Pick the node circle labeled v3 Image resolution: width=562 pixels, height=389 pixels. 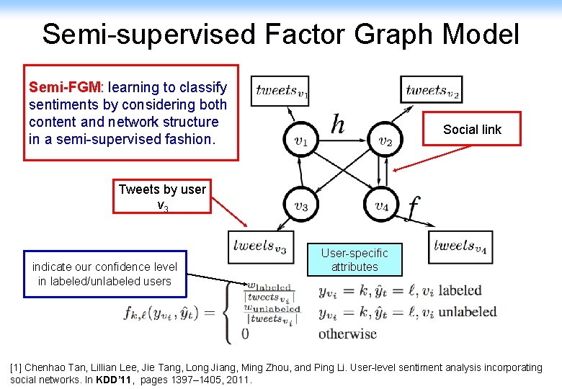coord(301,206)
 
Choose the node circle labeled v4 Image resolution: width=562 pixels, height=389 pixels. coord(382,206)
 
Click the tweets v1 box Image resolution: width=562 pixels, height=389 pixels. coord(282,91)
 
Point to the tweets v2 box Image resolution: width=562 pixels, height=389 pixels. coord(432,91)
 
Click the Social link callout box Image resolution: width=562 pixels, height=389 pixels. coord(471,129)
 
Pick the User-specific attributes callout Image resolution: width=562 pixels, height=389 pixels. coord(354,260)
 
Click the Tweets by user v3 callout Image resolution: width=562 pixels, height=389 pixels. coord(162,197)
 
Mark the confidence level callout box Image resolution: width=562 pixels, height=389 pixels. coord(104,274)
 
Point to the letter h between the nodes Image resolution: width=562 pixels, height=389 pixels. coord(337,126)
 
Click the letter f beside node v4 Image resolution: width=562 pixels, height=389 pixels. coord(412,207)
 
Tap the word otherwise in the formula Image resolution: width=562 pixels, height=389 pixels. coord(347,334)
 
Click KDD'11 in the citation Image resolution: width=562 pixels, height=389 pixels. coord(108,379)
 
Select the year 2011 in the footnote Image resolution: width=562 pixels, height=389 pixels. coord(238,379)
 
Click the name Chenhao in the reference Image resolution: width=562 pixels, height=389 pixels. coord(47,367)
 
